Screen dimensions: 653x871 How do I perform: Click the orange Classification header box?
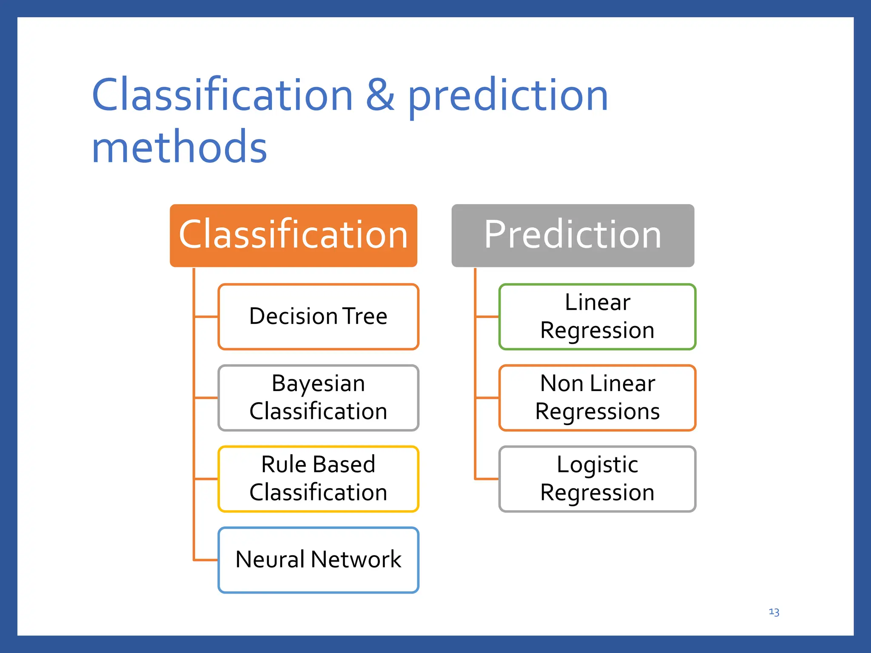(293, 235)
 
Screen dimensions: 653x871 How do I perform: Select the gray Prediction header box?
(572, 235)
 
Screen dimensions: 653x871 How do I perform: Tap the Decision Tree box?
(318, 317)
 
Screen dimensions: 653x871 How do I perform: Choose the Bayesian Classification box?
(318, 398)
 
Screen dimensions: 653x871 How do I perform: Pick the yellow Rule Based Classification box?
(318, 479)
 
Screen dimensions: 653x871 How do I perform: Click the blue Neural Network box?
(318, 560)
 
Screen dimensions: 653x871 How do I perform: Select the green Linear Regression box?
(597, 317)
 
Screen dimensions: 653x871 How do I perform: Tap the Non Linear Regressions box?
(597, 398)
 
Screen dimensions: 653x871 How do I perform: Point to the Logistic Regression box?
(597, 479)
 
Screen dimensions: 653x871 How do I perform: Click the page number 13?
(774, 612)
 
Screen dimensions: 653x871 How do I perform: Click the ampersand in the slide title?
(380, 95)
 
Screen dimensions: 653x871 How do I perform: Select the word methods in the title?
(179, 147)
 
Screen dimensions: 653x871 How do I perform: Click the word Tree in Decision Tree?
(365, 316)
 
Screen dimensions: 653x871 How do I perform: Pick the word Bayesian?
(318, 384)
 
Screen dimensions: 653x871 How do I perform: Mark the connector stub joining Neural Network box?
(206, 560)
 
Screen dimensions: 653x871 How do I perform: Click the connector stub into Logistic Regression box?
(487, 479)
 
